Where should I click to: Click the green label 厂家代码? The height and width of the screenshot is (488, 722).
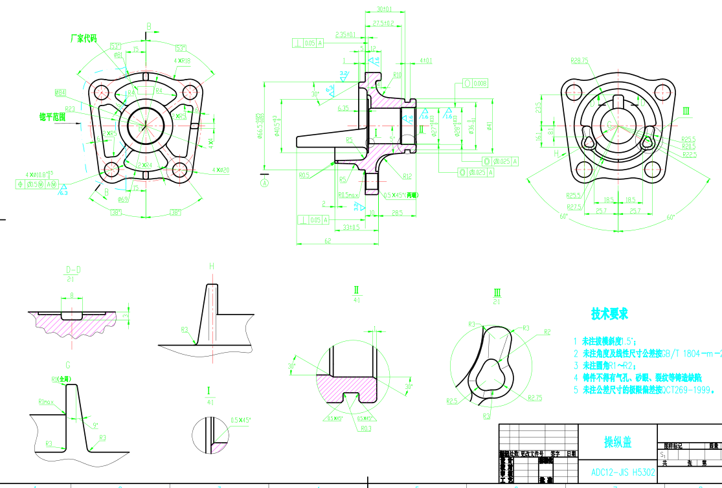pos(84,38)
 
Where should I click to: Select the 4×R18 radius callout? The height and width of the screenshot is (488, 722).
pos(182,61)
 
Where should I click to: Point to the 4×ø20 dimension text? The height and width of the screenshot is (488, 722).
pos(221,170)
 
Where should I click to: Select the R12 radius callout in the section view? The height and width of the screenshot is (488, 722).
pos(407,176)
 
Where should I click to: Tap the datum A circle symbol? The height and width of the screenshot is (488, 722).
pos(264,183)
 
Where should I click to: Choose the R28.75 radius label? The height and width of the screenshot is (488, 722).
pos(579,60)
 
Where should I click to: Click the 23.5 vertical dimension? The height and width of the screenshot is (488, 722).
pos(538,106)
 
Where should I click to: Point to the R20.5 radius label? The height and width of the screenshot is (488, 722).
pos(688,147)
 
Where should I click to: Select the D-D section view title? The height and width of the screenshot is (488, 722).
pos(73,269)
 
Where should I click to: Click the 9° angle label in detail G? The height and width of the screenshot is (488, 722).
pos(95,425)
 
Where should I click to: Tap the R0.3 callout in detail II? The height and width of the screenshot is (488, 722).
pos(366,428)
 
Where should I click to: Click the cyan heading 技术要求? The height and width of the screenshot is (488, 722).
pos(609,314)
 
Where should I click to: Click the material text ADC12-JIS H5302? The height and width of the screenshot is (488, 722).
pos(622,472)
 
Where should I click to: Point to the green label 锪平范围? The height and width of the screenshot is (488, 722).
pos(52,116)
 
